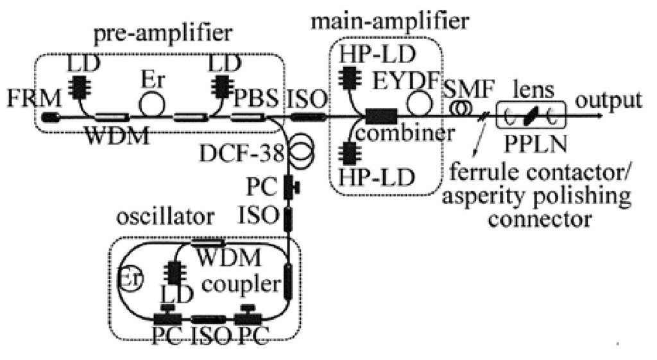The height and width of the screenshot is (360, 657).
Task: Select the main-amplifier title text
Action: [390, 21]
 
